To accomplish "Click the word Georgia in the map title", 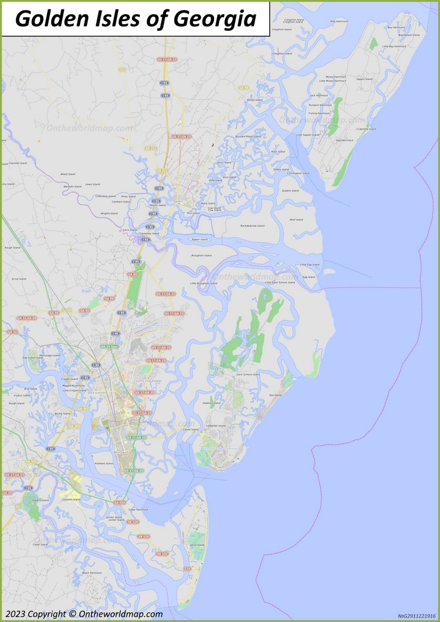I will coord(216,19).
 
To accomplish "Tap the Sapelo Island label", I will coord(364,79).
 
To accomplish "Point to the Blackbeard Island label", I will coord(409,35).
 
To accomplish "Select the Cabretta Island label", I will coord(366,129).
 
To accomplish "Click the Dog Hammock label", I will coord(339,21).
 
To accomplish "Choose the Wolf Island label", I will coord(296,220).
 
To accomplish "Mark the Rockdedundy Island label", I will coord(252,226).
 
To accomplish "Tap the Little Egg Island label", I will coord(310,265).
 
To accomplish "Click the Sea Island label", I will coord(275,395).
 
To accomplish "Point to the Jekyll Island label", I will coord(197,545).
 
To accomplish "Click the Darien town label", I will coord(177,201).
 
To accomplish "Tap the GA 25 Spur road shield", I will coord(109,346).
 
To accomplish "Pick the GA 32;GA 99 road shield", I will coord(26,318).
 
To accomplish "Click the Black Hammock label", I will coord(92,572).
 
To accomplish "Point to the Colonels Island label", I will coord(71,499).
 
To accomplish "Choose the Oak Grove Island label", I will coord(32,358).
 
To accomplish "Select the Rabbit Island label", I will coord(200,239).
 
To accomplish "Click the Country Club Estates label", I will coord(147,381).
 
